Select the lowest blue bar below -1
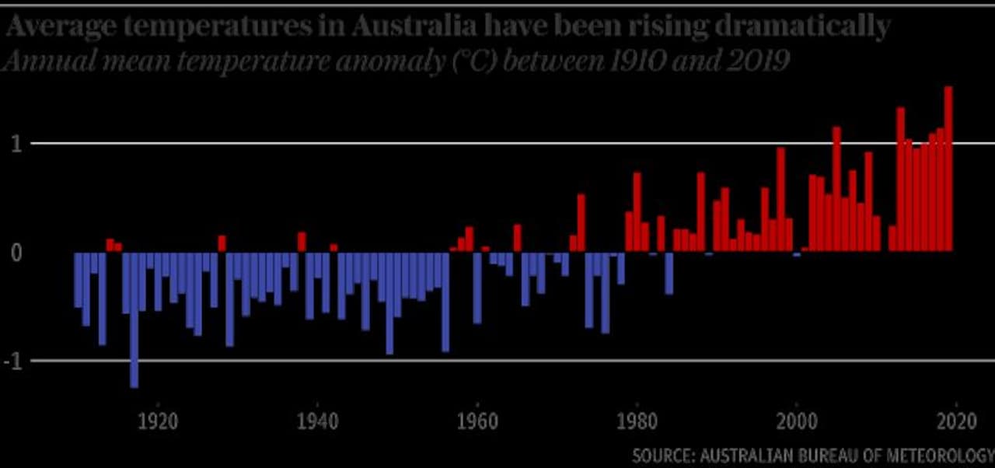134,319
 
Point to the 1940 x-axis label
317,421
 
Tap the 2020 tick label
955,421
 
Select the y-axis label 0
16,253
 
